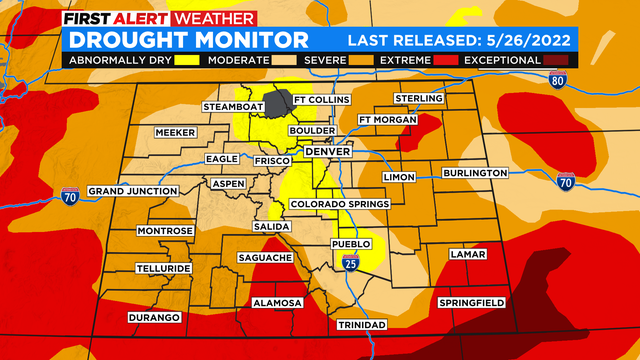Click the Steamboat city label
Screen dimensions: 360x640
pyautogui.click(x=232, y=106)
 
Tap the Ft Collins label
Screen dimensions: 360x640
pyautogui.click(x=320, y=101)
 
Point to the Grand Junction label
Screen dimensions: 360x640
pyautogui.click(x=132, y=190)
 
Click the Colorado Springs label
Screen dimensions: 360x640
pyautogui.click(x=337, y=205)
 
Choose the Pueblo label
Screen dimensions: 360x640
pyautogui.click(x=351, y=243)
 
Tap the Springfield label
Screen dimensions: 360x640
pyautogui.click(x=472, y=302)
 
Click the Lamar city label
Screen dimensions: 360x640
pyautogui.click(x=467, y=255)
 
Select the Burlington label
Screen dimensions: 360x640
pyautogui.click(x=475, y=173)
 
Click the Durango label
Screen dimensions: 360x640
pyautogui.click(x=154, y=317)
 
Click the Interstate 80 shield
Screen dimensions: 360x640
pyautogui.click(x=557, y=82)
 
